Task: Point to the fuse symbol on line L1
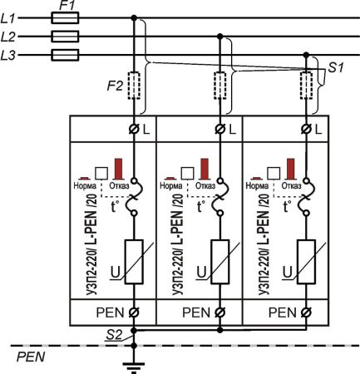(65, 17)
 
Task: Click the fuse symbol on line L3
(65, 55)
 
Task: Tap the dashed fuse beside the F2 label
(134, 84)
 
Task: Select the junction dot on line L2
(220, 37)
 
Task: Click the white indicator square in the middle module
(187, 171)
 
